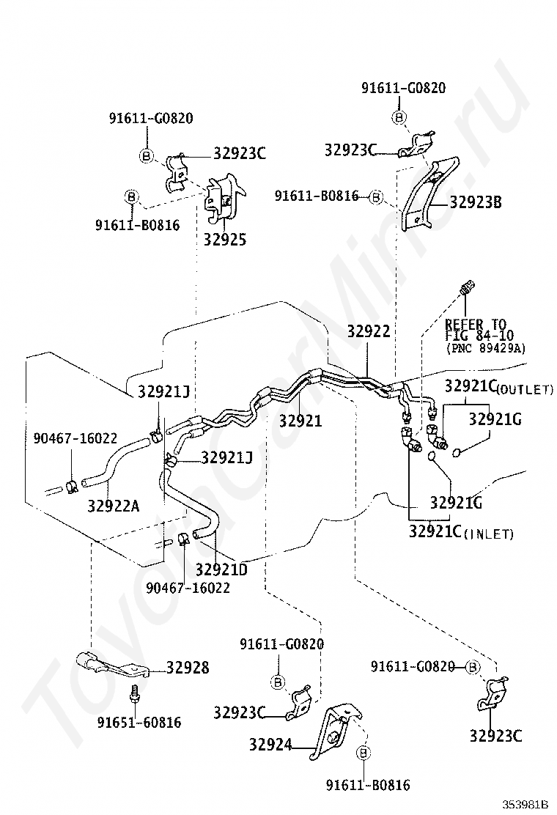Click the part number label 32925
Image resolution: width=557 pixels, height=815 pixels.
click(x=224, y=240)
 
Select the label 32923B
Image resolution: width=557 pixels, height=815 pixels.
click(x=476, y=202)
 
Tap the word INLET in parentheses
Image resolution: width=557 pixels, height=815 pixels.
click(x=490, y=534)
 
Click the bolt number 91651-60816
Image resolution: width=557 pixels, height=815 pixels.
click(x=139, y=723)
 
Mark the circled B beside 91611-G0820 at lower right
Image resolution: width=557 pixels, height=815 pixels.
click(x=473, y=666)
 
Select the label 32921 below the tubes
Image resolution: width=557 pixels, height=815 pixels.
click(x=300, y=421)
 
